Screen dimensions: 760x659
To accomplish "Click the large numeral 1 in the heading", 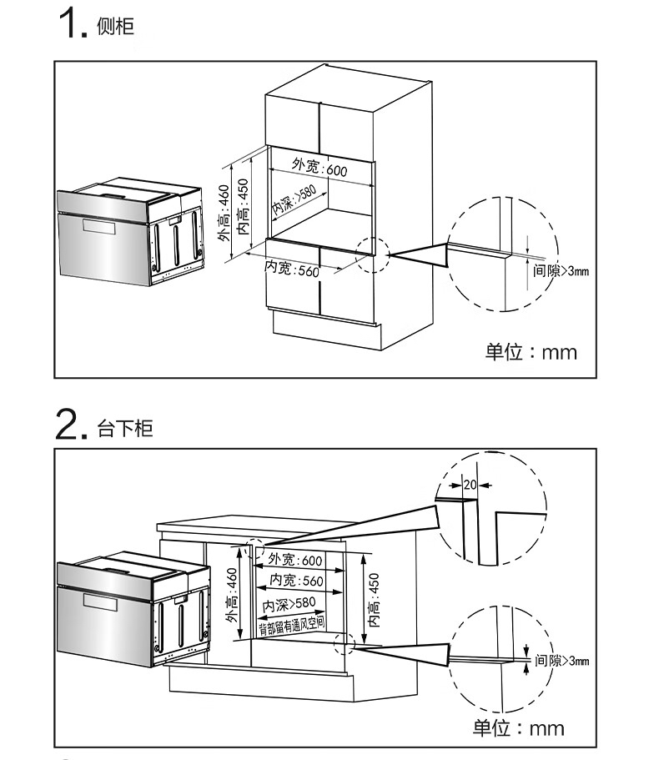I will pyautogui.click(x=68, y=25).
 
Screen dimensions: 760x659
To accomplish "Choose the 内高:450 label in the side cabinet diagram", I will pyautogui.click(x=244, y=205).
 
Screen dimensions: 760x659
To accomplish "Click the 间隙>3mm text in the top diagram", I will pyautogui.click(x=561, y=271).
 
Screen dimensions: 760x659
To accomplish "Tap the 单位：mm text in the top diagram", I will pyautogui.click(x=531, y=352).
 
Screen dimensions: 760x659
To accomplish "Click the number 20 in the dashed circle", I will pyautogui.click(x=468, y=484).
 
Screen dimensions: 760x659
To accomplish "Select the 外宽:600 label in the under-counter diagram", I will pyautogui.click(x=295, y=560).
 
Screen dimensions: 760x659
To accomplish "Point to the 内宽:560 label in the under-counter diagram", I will pyautogui.click(x=296, y=581).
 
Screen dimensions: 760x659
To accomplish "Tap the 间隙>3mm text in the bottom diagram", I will pyautogui.click(x=562, y=661).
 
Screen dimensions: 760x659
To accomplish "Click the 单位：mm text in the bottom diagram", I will pyautogui.click(x=518, y=728).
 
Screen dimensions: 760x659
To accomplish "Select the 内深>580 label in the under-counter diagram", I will pyautogui.click(x=289, y=603).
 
